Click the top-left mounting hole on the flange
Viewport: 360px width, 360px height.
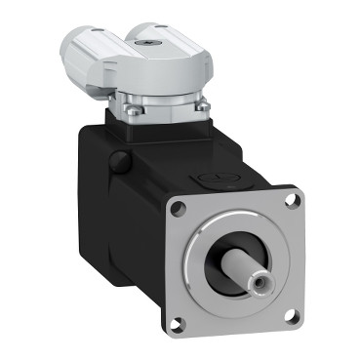179,208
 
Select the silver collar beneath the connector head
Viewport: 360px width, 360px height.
161,98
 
